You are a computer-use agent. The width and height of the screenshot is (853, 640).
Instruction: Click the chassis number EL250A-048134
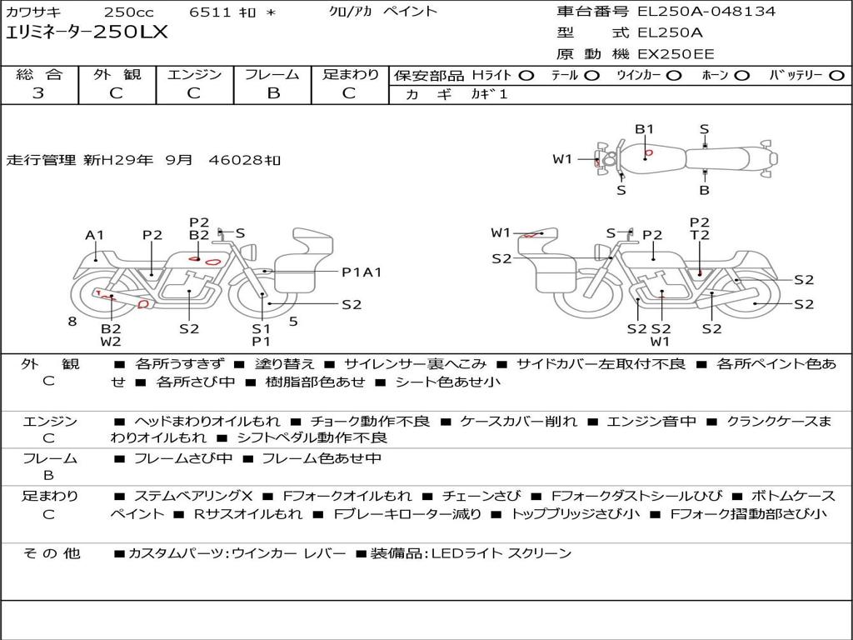pyautogui.click(x=706, y=11)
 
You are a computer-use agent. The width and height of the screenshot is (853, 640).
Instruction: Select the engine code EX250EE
pyautogui.click(x=676, y=54)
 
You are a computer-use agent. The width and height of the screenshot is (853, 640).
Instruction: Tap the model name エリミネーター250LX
pyautogui.click(x=87, y=32)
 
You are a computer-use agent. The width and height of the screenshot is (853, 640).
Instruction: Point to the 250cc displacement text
pyautogui.click(x=129, y=12)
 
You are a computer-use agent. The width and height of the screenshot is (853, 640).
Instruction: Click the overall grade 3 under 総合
pyautogui.click(x=38, y=93)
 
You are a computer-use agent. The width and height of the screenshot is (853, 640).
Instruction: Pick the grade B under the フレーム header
pyautogui.click(x=273, y=93)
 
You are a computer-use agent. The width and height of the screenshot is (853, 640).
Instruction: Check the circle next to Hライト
pyautogui.click(x=526, y=76)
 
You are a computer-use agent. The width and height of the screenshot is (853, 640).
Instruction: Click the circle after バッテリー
pyautogui.click(x=836, y=76)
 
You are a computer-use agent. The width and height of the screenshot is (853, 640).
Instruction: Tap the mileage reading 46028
pyautogui.click(x=237, y=160)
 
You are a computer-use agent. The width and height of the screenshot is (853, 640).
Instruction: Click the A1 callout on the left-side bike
pyautogui.click(x=94, y=235)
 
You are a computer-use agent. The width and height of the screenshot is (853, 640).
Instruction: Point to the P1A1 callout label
pyautogui.click(x=362, y=272)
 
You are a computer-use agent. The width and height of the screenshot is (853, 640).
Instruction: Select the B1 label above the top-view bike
pyautogui.click(x=644, y=129)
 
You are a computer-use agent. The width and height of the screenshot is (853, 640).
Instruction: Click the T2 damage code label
pyautogui.click(x=700, y=235)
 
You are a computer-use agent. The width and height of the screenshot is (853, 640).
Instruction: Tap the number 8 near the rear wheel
pyautogui.click(x=72, y=322)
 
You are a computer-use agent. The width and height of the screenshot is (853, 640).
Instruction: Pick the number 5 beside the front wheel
pyautogui.click(x=293, y=322)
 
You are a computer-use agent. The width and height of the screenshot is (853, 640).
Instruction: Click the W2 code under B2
pyautogui.click(x=111, y=342)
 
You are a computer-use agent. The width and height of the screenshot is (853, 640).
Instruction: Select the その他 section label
pyautogui.click(x=52, y=553)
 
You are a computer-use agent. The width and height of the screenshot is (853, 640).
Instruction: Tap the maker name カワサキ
pyautogui.click(x=33, y=12)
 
